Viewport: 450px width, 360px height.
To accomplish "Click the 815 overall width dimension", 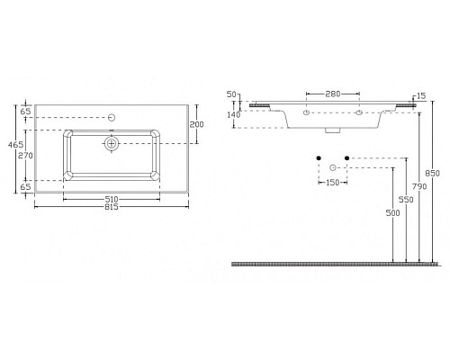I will click(111, 206).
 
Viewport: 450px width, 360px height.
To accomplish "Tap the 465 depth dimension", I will click(15, 145).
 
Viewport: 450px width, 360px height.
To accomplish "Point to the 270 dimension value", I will click(25, 154).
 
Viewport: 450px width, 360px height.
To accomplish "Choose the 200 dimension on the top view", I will click(196, 124).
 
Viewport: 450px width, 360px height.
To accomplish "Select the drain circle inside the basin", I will click(112, 143).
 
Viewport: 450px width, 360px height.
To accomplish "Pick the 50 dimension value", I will click(230, 94).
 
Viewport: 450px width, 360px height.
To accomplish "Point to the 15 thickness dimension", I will click(420, 96).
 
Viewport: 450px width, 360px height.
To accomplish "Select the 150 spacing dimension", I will click(332, 183).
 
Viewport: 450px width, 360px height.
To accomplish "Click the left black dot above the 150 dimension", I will click(319, 159).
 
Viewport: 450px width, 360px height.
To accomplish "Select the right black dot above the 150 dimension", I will click(346, 159).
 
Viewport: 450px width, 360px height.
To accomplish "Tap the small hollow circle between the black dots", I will click(333, 168).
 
